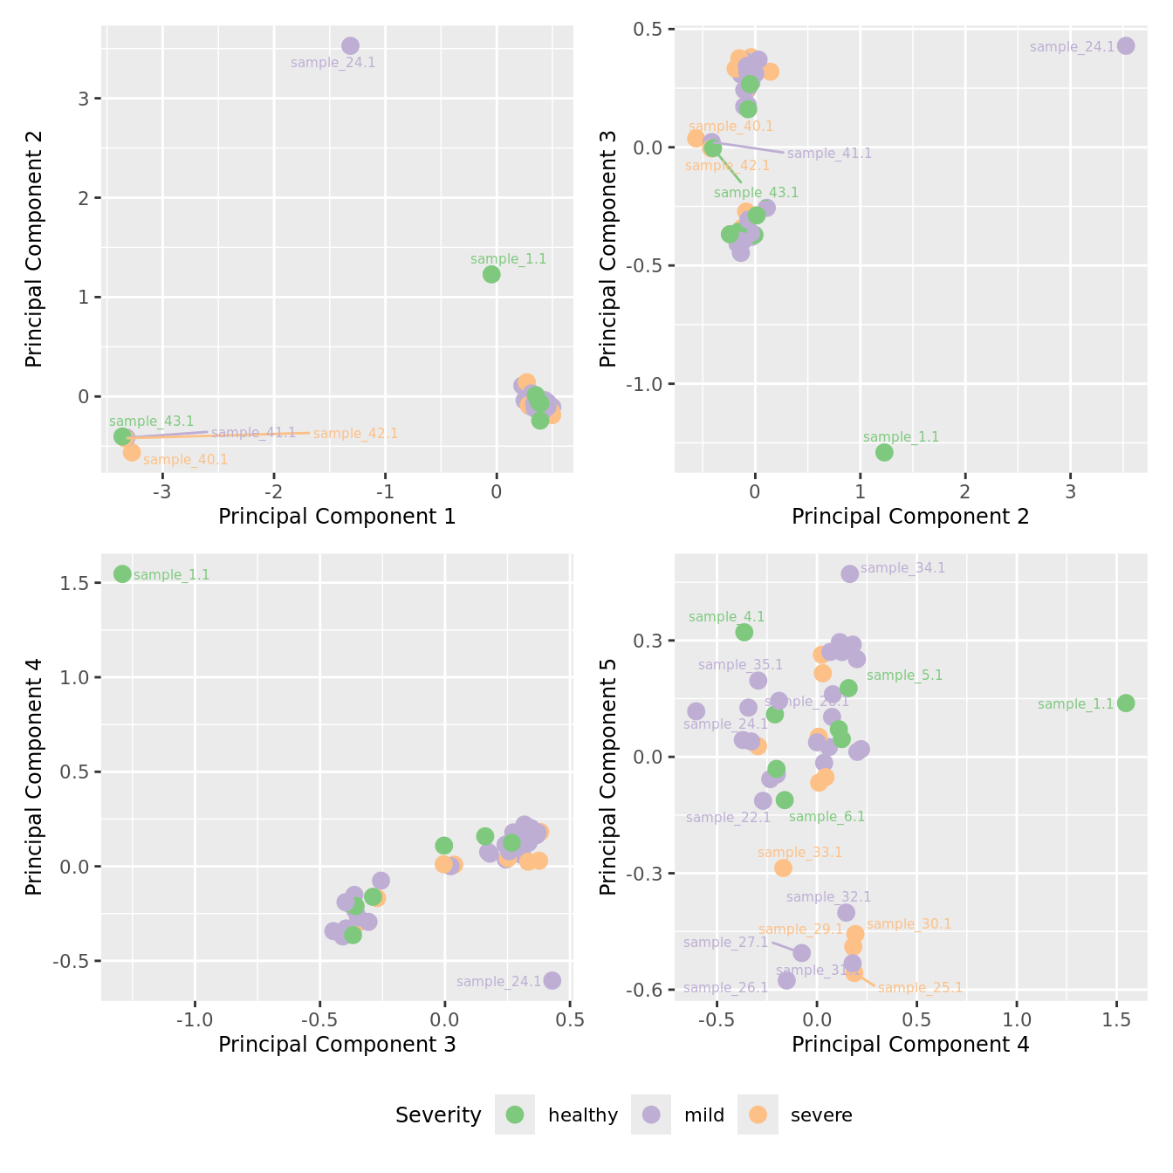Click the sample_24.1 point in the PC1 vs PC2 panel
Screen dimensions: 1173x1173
[x=350, y=45]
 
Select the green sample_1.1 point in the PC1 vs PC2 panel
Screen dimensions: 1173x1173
[x=491, y=274]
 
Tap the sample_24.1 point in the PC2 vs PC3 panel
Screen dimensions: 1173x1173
[x=1126, y=45]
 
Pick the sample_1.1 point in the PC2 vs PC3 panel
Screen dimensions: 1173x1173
[x=884, y=452]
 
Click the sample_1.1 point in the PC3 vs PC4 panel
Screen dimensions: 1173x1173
[x=122, y=573]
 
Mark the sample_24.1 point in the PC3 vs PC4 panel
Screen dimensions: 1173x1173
[x=552, y=980]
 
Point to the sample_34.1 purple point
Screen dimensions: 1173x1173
[x=849, y=573]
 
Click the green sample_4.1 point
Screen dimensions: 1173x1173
[x=744, y=632]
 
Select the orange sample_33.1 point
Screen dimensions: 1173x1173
[x=783, y=868]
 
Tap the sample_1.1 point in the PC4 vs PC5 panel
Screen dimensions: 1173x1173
[x=1126, y=703]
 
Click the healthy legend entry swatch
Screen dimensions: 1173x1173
[x=515, y=1115]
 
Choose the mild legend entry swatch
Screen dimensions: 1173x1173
[x=651, y=1115]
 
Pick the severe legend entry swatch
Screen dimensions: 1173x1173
[x=758, y=1115]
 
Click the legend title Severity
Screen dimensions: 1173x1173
[x=438, y=1115]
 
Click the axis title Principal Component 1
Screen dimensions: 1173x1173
[x=337, y=517]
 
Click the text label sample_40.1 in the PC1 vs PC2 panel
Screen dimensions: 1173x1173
[x=185, y=460]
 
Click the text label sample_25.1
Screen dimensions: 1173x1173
[x=920, y=988]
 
